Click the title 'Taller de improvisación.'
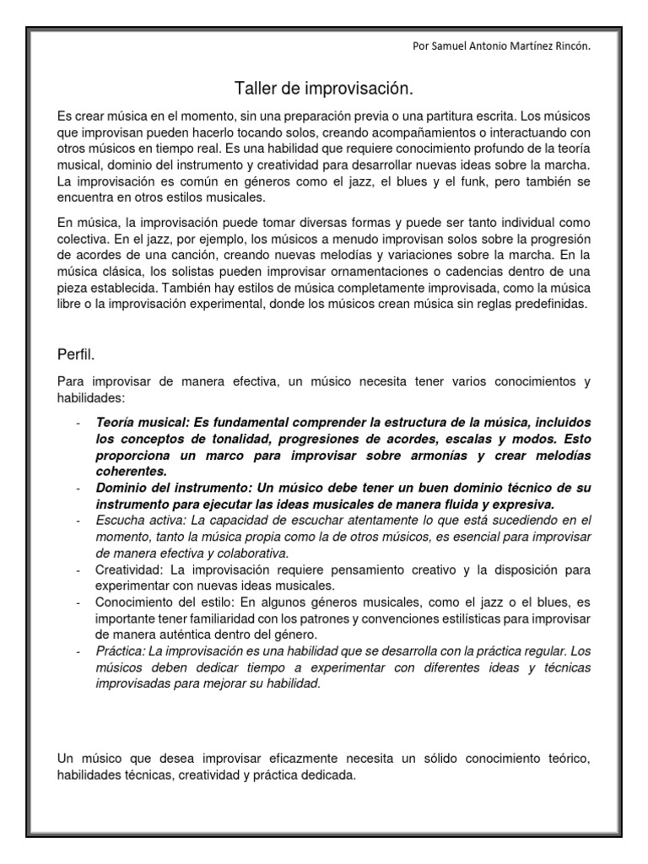[x=323, y=89]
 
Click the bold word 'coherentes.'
[x=131, y=472]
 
